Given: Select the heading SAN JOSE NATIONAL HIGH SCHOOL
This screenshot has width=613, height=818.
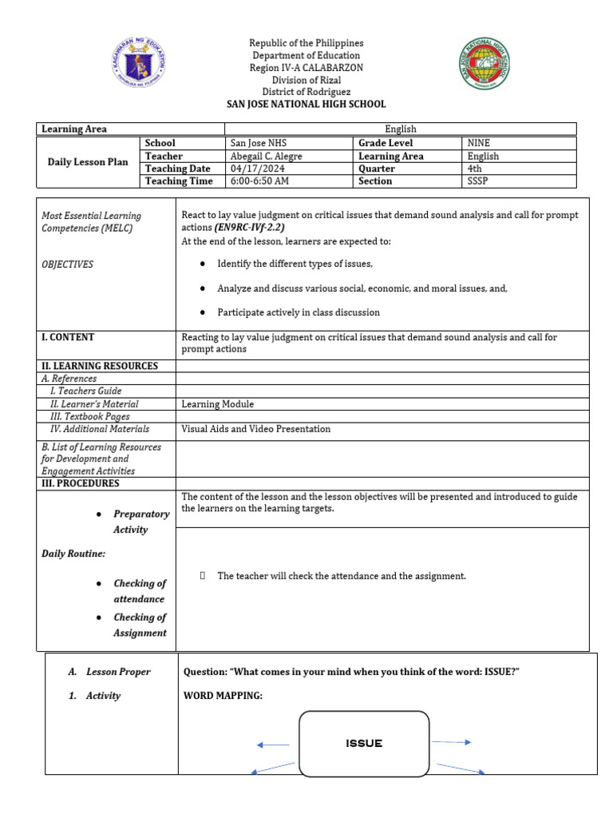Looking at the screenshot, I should point(306,104).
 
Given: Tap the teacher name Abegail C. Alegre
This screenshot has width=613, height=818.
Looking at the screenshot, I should point(266,157).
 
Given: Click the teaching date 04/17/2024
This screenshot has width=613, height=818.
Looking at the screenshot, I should point(254,169).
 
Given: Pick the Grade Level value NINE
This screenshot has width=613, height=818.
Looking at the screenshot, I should point(479,143).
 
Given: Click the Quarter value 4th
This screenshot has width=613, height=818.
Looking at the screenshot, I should point(475,169).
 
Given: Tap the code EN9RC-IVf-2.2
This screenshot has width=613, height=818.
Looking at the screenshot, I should point(249,228).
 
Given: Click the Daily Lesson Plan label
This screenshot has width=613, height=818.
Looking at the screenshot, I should point(88,162).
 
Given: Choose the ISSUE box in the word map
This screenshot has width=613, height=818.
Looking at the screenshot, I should point(364,744).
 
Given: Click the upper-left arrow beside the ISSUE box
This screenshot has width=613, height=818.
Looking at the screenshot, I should point(273,745).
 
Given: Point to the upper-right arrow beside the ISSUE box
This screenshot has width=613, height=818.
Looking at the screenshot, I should point(452,742).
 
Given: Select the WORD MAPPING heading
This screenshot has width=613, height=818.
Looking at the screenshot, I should point(223,696).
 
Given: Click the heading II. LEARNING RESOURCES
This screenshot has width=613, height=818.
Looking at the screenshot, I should point(100,366).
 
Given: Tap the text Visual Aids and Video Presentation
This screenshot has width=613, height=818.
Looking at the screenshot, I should point(255,429).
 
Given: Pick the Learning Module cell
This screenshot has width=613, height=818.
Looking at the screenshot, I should point(217,404).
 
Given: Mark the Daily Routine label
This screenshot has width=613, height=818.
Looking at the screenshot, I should point(73,553).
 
